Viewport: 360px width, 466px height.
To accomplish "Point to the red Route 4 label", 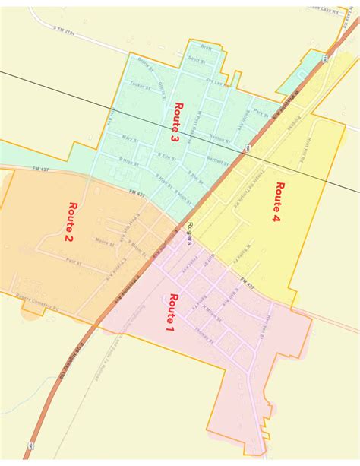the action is (277, 201).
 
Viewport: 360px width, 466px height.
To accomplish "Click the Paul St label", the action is (74, 261).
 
